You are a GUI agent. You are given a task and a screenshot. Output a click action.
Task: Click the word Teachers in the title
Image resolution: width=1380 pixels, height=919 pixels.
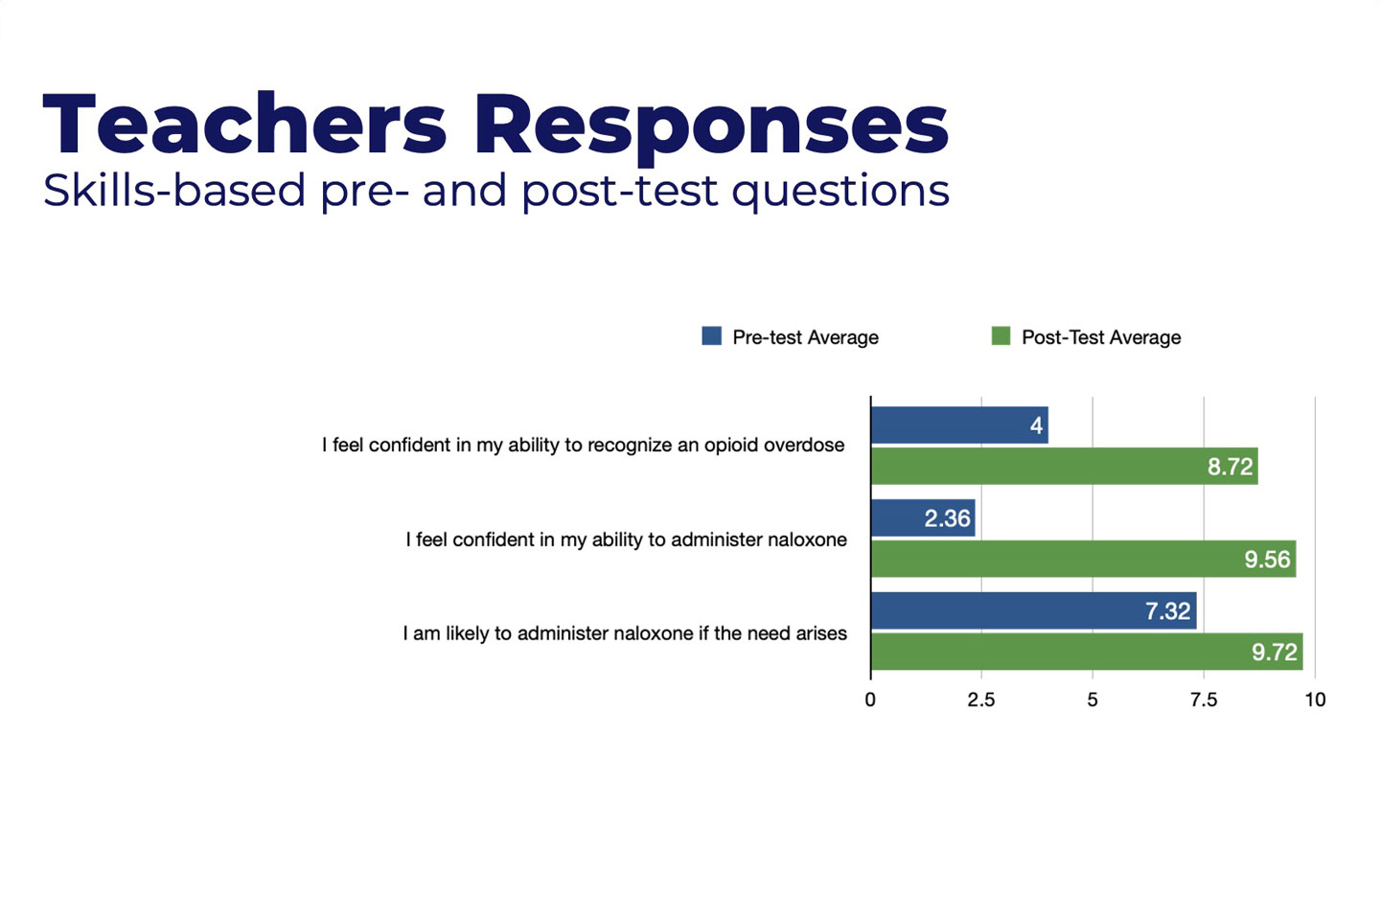[x=244, y=124]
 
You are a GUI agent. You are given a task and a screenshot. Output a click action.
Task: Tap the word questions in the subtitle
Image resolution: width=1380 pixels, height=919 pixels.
[x=841, y=193]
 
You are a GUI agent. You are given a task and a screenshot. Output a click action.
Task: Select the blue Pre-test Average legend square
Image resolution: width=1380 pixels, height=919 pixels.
[x=711, y=335]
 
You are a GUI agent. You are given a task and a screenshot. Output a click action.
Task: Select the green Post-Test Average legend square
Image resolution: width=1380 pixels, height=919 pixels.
[x=1001, y=335]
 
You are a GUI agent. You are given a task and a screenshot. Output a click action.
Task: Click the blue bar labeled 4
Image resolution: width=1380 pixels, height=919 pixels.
[x=959, y=425]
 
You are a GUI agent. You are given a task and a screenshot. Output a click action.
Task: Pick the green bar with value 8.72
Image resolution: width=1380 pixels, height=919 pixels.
[x=1065, y=467]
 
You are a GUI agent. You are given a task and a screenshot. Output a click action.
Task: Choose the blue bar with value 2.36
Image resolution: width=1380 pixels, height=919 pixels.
[x=923, y=518]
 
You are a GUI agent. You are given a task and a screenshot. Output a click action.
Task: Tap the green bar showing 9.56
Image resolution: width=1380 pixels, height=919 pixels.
[x=1084, y=559]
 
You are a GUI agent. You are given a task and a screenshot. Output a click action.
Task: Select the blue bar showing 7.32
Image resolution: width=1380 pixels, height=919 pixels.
[x=1034, y=610]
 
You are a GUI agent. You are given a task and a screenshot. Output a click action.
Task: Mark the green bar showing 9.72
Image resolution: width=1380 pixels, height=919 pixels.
[x=1087, y=652]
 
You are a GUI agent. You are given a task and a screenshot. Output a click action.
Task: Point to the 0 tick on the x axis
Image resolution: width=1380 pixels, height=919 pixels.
[x=870, y=700]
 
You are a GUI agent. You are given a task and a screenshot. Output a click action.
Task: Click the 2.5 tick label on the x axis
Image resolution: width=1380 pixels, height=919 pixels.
[x=980, y=700]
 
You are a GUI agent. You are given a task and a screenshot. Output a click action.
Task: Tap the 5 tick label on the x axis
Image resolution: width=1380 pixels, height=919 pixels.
[x=1092, y=700]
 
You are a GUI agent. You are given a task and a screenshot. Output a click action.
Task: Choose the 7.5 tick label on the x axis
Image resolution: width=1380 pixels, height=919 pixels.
[x=1204, y=700]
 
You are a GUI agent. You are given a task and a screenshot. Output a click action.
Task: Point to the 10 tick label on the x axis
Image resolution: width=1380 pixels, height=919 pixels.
[x=1315, y=700]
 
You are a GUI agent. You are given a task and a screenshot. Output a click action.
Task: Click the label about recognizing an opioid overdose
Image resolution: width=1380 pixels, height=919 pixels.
[x=583, y=446]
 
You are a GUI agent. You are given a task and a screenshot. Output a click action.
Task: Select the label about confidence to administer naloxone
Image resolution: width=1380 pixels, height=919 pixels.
[x=626, y=540]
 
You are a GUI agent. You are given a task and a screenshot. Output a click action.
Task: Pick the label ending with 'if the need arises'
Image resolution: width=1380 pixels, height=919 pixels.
[x=625, y=633]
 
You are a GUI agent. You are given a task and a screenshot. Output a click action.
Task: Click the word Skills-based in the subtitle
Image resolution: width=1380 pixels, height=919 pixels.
[x=174, y=191]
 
